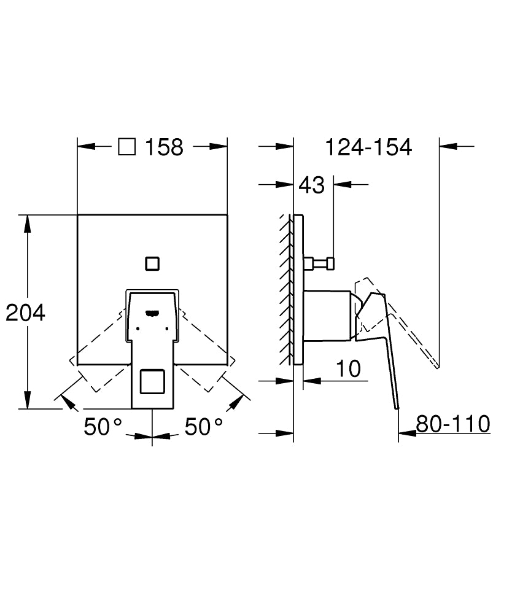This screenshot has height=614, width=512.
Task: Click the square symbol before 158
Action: tap(126, 147)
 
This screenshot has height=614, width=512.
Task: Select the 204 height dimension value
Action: tap(26, 313)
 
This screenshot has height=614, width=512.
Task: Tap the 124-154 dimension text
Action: tap(367, 147)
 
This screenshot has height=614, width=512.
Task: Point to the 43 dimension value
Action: tap(312, 184)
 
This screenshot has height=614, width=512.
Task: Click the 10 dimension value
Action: tap(347, 368)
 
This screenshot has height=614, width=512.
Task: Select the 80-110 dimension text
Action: tap(452, 424)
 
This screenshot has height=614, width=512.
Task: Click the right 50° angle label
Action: tap(204, 427)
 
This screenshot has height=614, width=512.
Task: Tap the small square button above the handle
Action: tap(152, 263)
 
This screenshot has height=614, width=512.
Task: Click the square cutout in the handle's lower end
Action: tap(152, 382)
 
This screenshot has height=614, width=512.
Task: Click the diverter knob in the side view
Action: tap(320, 263)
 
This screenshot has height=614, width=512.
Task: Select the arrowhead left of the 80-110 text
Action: tap(406, 433)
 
